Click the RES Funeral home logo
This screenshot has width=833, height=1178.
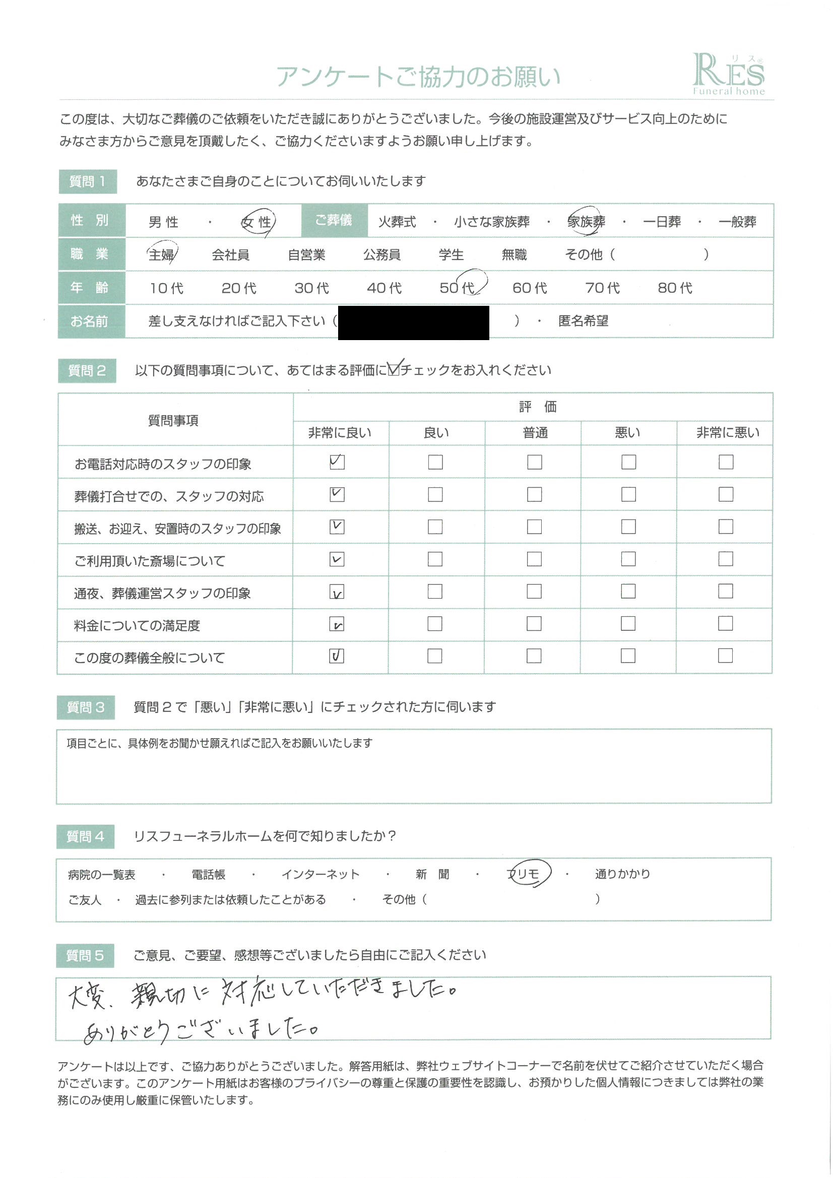728,75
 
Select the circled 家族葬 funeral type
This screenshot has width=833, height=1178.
586,222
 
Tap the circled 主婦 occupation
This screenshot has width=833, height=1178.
161,254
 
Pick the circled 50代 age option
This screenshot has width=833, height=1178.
459,287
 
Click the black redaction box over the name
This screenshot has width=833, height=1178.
413,322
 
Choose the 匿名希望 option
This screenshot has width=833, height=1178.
583,321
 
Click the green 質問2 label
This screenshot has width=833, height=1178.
87,370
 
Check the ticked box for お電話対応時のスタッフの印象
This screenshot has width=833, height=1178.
337,462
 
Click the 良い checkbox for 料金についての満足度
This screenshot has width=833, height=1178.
435,623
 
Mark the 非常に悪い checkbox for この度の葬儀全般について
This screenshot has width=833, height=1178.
725,656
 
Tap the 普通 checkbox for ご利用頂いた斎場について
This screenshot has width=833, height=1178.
534,559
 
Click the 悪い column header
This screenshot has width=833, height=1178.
627,432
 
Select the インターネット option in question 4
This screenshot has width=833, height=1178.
321,874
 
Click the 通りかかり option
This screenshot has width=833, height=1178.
622,874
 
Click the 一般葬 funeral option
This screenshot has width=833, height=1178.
737,222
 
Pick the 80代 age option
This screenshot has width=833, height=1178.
675,288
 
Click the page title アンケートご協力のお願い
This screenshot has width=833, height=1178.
418,77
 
